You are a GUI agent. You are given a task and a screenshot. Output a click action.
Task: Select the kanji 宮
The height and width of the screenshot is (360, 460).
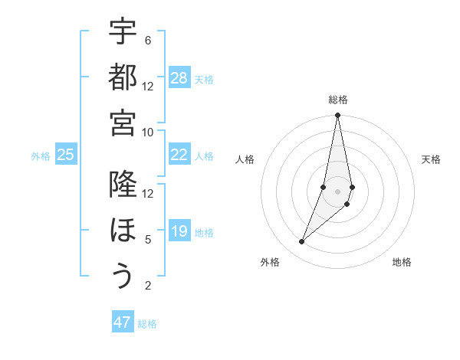pos(123,123)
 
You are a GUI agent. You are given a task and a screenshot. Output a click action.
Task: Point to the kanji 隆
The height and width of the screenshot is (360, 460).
pos(123,185)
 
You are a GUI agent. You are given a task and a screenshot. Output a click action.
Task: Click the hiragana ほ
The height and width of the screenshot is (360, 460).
pos(123,231)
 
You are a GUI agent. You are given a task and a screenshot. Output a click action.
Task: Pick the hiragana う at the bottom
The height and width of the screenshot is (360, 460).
pos(123,276)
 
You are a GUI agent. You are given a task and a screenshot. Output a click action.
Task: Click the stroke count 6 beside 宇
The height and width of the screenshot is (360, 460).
pos(147,40)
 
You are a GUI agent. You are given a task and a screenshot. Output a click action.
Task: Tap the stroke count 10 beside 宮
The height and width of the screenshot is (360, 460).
pos(148,132)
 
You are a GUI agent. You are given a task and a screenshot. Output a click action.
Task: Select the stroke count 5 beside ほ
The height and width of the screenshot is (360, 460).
pos(147,240)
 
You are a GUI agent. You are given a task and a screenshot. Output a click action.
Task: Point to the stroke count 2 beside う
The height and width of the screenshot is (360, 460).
pos(147,286)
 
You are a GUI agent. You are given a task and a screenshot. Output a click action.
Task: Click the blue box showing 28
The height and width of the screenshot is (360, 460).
pos(179,78)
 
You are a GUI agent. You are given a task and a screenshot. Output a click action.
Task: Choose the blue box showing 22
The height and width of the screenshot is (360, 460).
pos(179,155)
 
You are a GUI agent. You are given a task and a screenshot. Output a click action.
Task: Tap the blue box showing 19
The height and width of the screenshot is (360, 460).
pos(179,231)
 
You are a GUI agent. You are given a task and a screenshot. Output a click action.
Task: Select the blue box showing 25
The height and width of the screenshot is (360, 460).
pos(65,155)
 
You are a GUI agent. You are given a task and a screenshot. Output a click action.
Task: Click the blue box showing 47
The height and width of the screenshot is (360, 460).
pos(123,322)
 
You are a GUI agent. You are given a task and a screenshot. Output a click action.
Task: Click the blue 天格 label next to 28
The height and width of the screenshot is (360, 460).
pos(204,79)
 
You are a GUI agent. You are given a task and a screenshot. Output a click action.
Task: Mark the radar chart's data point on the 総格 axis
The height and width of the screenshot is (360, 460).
pos(337,116)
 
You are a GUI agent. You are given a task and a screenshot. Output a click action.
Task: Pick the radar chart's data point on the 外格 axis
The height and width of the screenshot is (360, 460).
pos(301,242)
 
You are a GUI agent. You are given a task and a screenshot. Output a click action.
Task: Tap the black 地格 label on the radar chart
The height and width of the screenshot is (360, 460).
pos(402,263)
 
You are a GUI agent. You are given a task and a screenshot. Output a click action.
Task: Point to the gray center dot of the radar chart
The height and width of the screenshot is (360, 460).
pos(337,191)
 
